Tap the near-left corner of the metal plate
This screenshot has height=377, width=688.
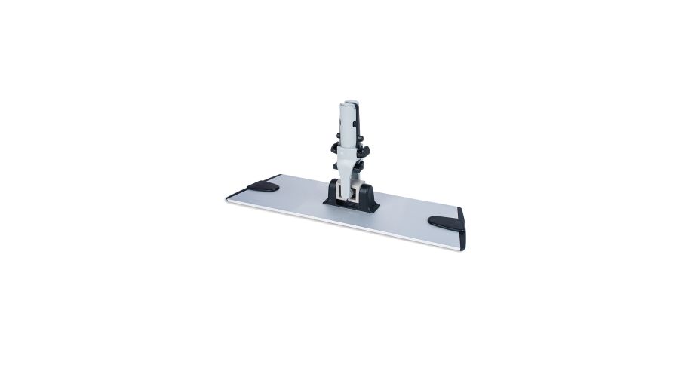point(228,200)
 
